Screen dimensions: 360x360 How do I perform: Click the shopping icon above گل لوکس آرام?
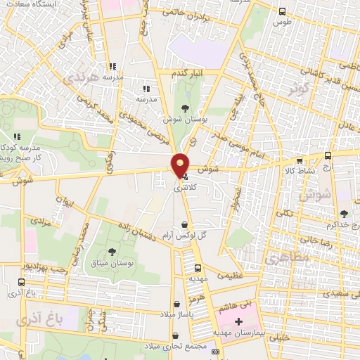[184, 224]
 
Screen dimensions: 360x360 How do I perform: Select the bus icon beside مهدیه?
[198, 268]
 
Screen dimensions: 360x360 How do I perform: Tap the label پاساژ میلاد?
[172, 314]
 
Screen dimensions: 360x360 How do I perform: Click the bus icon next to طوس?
[282, 11]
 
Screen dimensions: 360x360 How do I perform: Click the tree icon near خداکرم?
[343, 214]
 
